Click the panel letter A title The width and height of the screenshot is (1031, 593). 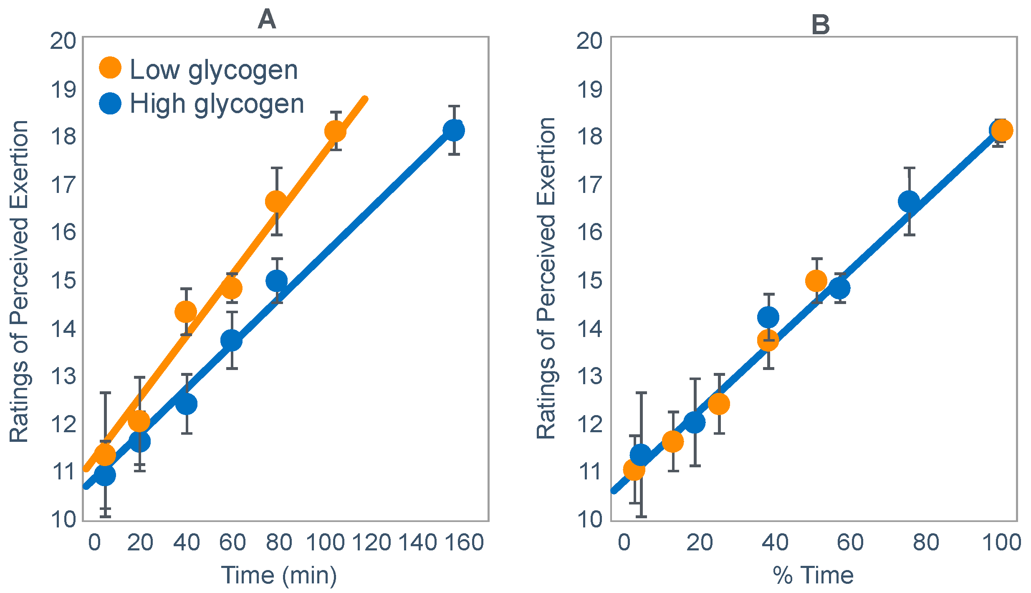[267, 20]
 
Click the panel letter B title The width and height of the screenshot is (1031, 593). [820, 25]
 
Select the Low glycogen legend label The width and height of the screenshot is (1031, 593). [214, 69]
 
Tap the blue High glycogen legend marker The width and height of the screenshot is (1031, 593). [110, 103]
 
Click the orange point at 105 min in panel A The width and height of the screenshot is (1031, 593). [335, 132]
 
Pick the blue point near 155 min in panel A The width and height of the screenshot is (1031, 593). [454, 130]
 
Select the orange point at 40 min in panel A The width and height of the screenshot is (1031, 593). [186, 312]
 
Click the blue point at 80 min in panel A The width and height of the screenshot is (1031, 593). [276, 280]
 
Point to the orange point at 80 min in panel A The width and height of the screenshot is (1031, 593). [276, 202]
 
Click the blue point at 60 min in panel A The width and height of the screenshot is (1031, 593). [231, 340]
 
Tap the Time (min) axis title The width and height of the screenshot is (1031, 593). [279, 575]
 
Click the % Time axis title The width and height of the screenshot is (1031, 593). [813, 575]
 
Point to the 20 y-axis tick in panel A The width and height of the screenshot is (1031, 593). [63, 41]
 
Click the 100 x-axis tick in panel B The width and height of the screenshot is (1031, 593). [1001, 542]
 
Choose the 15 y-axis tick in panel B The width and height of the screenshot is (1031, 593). [589, 281]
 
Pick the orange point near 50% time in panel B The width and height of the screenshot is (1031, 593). [816, 280]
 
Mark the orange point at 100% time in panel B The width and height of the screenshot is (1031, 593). [1002, 130]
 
